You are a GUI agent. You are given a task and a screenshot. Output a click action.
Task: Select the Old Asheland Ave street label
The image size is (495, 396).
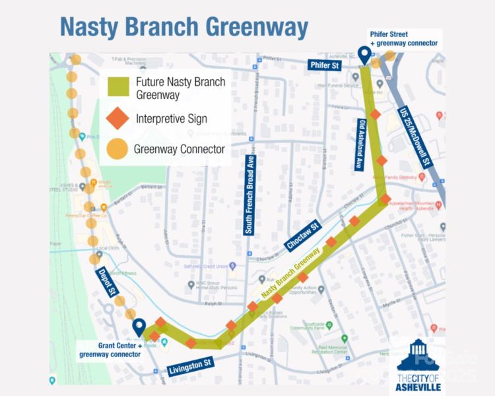click(360, 145)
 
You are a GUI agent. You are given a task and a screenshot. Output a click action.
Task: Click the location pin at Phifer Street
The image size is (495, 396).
click(364, 55)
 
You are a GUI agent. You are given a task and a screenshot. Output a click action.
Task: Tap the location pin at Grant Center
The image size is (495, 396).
click(139, 327)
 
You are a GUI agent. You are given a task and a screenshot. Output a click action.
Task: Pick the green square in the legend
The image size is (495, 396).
click(118, 88)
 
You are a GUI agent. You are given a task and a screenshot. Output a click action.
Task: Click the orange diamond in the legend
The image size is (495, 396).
click(118, 119)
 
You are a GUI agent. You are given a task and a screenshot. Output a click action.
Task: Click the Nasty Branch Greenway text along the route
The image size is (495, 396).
click(290, 272)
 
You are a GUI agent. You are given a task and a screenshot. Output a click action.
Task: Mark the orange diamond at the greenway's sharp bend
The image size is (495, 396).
click(385, 199)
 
